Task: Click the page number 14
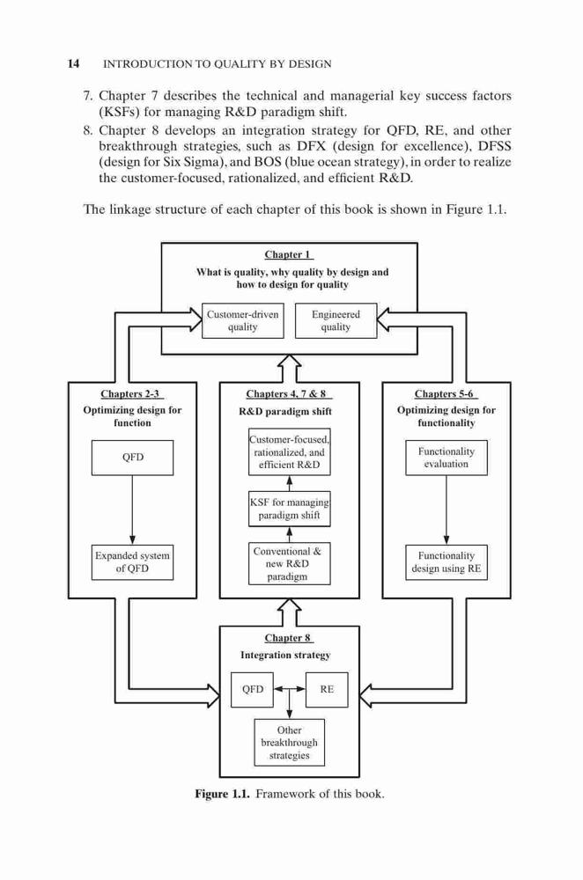coord(74,63)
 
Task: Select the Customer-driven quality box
coord(243,321)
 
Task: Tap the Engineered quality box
coord(336,321)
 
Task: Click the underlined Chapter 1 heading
coord(289,255)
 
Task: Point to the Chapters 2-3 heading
coord(133,394)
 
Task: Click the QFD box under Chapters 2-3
coord(133,458)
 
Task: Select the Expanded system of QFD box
coord(133,562)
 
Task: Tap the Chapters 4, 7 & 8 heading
coord(286,394)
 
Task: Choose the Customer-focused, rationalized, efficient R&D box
coord(289,452)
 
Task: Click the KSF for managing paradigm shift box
coord(289,509)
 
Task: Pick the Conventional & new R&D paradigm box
coord(289,563)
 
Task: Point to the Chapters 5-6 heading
coord(446,394)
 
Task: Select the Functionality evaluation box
coord(446,458)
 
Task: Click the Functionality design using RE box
coord(446,562)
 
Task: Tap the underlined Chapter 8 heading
coord(289,638)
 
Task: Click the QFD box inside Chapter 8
coord(252,689)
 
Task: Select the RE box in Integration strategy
coord(327,689)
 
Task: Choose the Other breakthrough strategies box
coord(289,743)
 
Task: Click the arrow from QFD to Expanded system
coord(133,510)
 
